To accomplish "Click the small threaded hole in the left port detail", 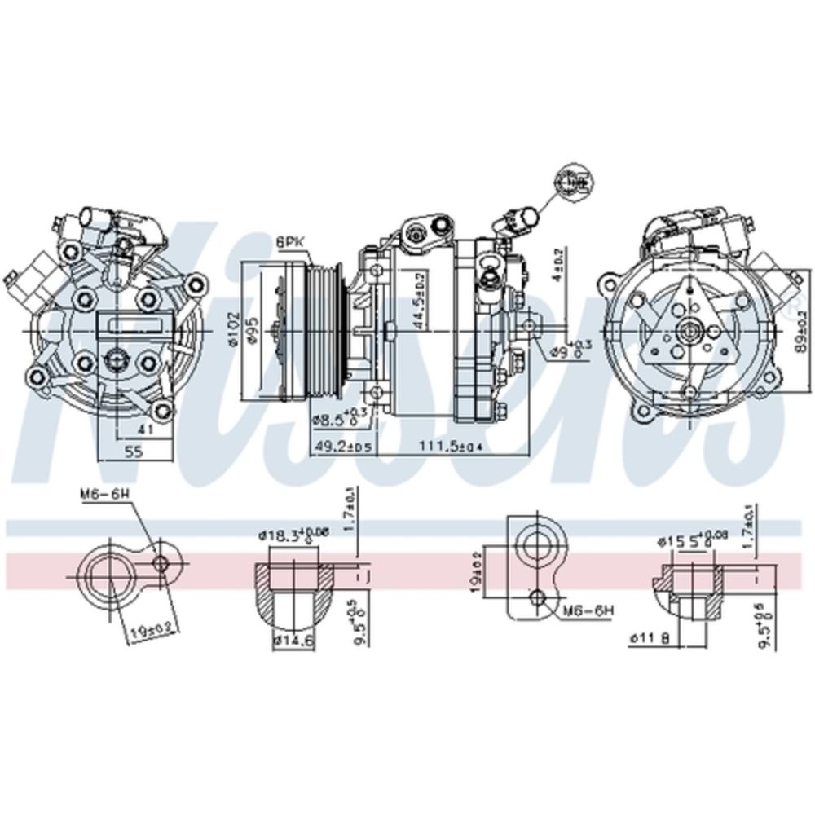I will point(162,562).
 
